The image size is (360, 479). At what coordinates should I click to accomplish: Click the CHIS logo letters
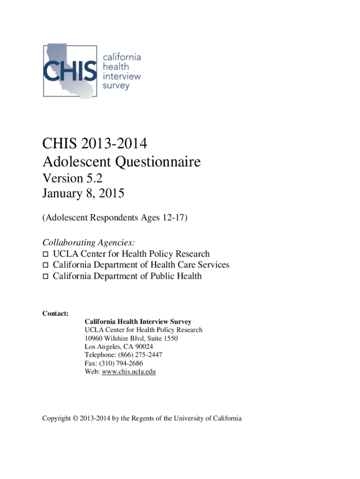pyautogui.click(x=70, y=71)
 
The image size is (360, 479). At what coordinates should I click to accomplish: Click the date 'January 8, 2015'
pyautogui.click(x=83, y=193)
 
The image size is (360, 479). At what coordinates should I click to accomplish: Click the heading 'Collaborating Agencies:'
pyautogui.click(x=89, y=242)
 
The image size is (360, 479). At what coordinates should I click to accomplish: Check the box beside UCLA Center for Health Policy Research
pyautogui.click(x=46, y=254)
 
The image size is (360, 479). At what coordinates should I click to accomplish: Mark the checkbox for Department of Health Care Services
pyautogui.click(x=46, y=265)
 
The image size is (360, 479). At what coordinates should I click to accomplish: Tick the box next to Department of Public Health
pyautogui.click(x=46, y=276)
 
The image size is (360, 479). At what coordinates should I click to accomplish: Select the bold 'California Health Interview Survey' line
pyautogui.click(x=137, y=321)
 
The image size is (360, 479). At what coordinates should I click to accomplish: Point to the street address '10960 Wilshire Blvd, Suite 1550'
pyautogui.click(x=131, y=338)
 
